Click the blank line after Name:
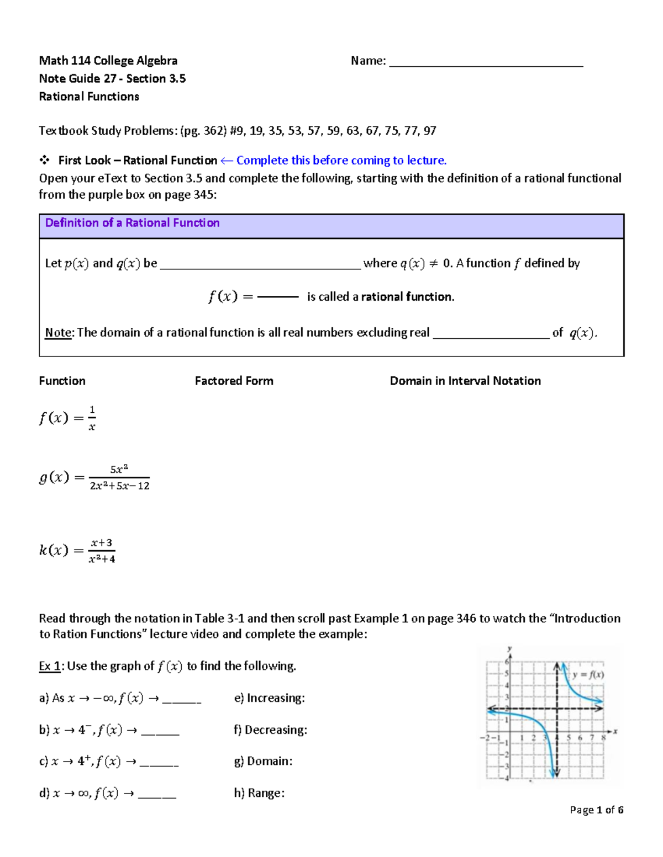[x=486, y=62]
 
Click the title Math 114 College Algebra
[x=108, y=61]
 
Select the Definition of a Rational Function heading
[x=133, y=223]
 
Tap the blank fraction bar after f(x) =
[x=278, y=297]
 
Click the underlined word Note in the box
[x=58, y=333]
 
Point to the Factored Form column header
[x=234, y=381]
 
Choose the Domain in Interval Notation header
[x=465, y=381]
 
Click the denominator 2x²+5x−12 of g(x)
[x=119, y=486]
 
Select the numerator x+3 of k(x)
[x=102, y=543]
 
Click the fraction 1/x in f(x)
[x=92, y=418]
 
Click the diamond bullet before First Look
[x=44, y=161]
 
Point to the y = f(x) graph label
[x=588, y=674]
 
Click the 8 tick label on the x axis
[x=603, y=738]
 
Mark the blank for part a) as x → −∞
[x=182, y=700]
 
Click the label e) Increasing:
[x=270, y=698]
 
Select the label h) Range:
[x=259, y=793]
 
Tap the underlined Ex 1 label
[x=50, y=666]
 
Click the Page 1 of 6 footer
[x=597, y=810]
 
